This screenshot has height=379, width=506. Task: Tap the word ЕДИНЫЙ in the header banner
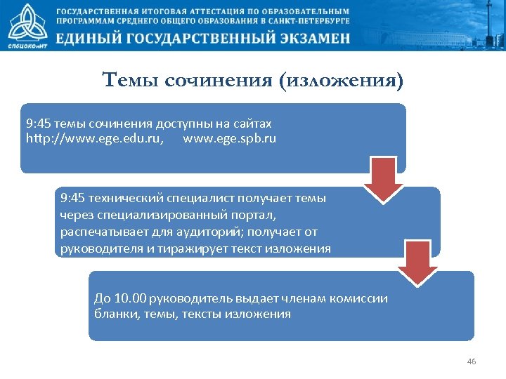[96, 39]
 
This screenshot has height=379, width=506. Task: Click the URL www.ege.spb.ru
[229, 138]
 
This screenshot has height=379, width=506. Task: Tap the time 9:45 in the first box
[39, 124]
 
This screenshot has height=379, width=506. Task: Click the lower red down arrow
[417, 265]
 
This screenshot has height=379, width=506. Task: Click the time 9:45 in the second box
[74, 199]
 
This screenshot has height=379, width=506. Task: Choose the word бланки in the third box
[115, 314]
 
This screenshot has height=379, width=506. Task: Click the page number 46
[472, 361]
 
